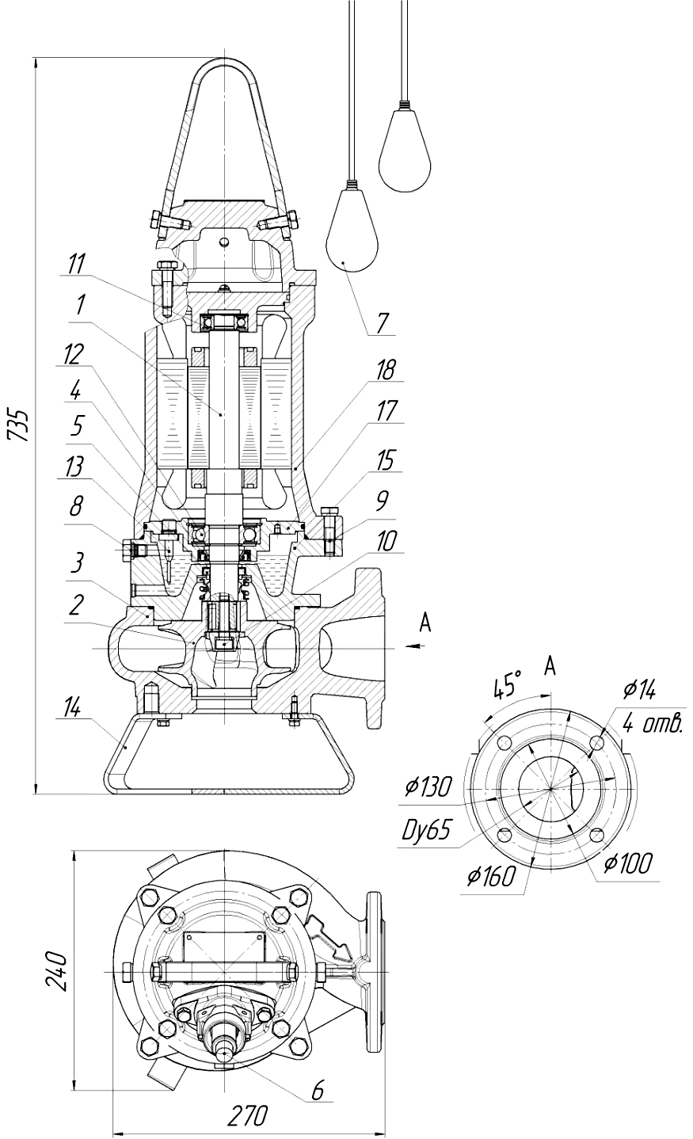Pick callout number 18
[x=385, y=370]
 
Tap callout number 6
[x=318, y=1090]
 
